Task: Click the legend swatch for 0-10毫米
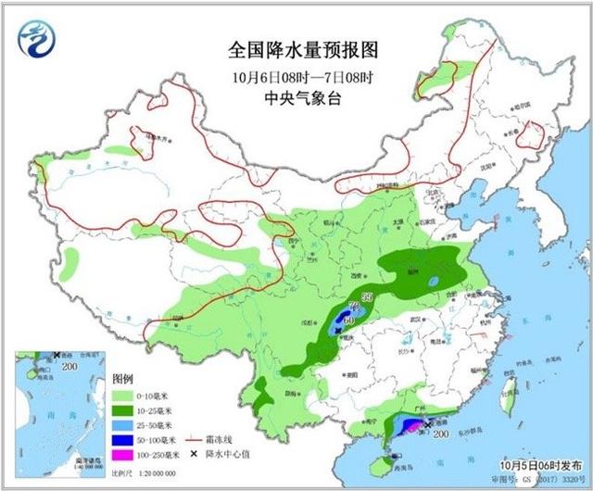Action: (x=124, y=394)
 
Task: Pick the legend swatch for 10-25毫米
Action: (x=124, y=409)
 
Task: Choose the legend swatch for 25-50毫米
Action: (x=124, y=423)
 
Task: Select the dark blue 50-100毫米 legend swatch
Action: (x=124, y=439)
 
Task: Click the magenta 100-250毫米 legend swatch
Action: (x=124, y=454)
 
